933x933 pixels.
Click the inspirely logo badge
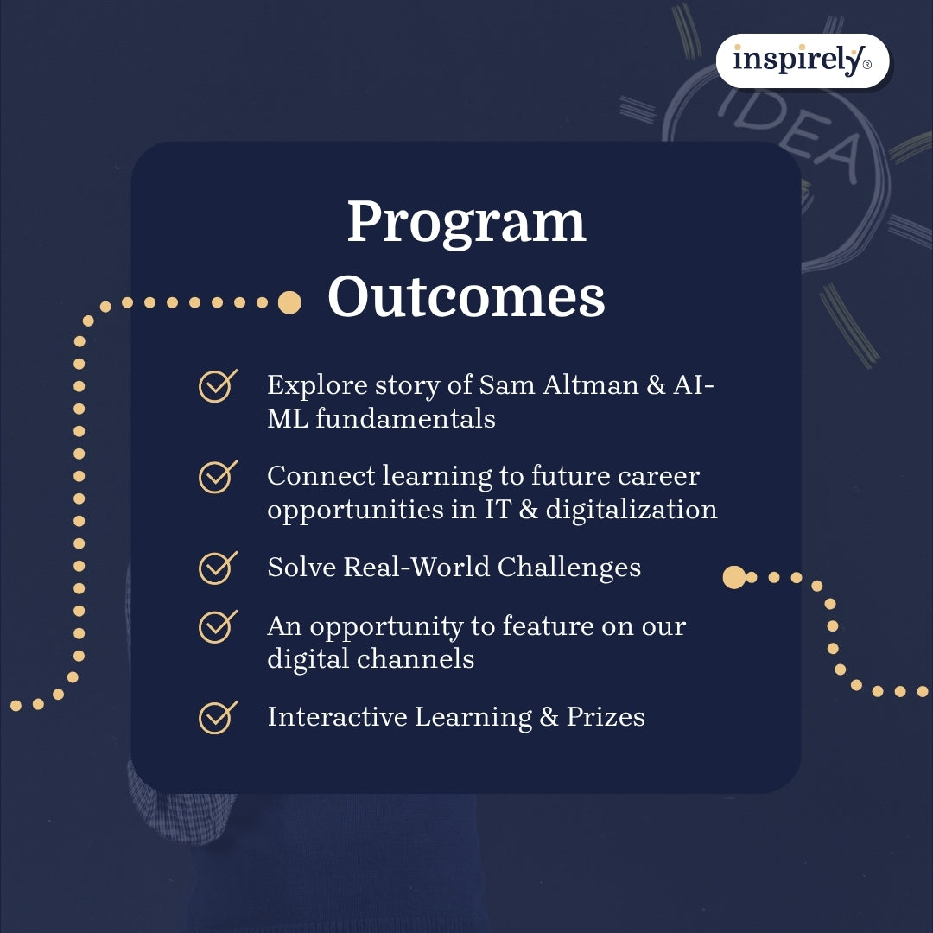click(x=803, y=60)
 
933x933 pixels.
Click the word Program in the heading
click(x=466, y=222)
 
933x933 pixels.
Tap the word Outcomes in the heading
click(x=466, y=297)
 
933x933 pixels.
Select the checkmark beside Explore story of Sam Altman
click(x=218, y=385)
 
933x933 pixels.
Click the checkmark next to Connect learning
click(x=218, y=476)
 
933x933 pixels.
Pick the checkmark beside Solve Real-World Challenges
click(x=218, y=567)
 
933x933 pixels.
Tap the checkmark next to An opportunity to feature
click(x=218, y=626)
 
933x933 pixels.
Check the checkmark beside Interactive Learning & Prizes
click(x=218, y=717)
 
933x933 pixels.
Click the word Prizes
click(x=606, y=717)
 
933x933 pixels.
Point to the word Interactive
click(x=337, y=717)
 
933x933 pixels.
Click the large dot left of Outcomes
click(x=289, y=302)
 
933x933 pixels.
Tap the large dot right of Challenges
click(x=733, y=577)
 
